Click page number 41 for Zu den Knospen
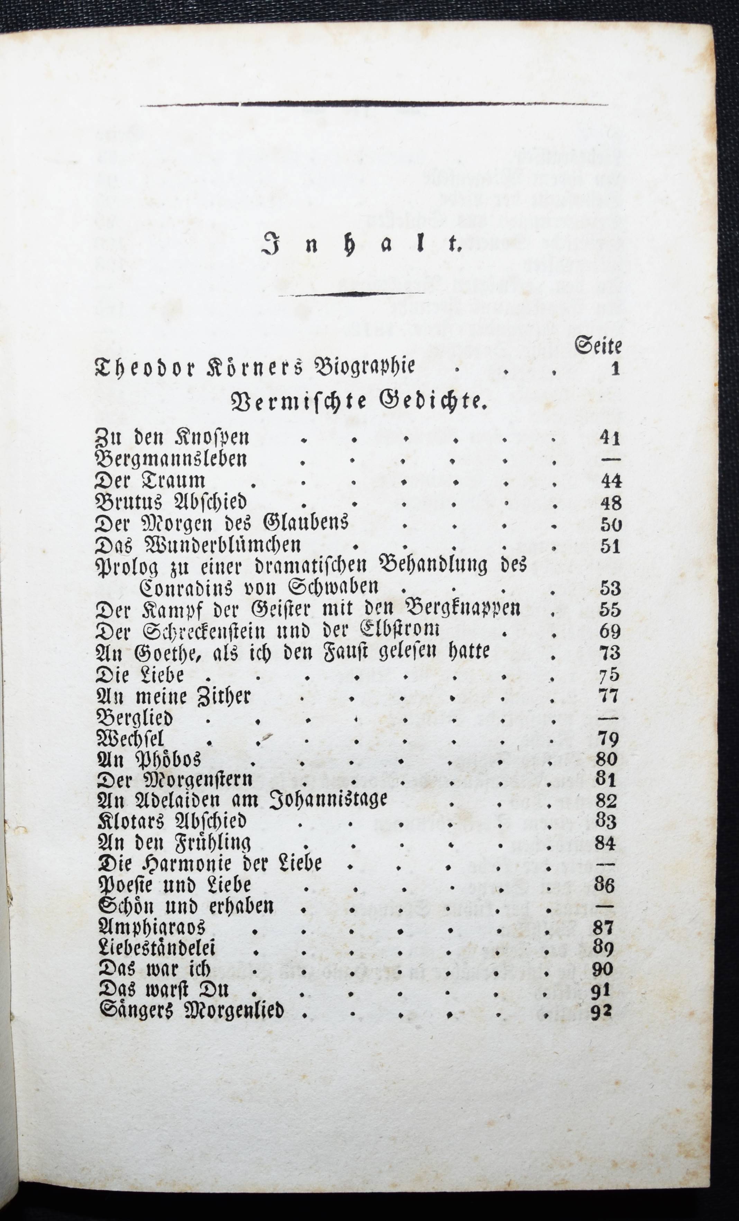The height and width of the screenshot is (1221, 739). (x=610, y=438)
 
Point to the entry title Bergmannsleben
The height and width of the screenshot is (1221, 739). (x=171, y=460)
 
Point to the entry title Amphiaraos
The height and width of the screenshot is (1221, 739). (x=152, y=928)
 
